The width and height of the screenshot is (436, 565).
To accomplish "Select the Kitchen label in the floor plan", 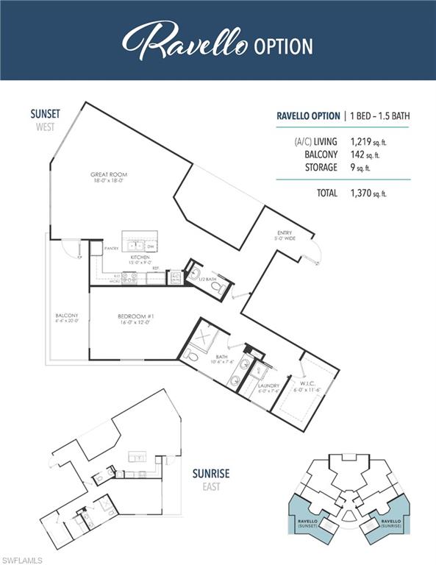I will pyautogui.click(x=140, y=259).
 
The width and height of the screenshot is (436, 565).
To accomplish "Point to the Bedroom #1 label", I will pyautogui.click(x=134, y=319).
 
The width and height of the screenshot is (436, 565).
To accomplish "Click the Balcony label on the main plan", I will pyautogui.click(x=66, y=318).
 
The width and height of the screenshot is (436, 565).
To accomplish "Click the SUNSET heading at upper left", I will pyautogui.click(x=45, y=114).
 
